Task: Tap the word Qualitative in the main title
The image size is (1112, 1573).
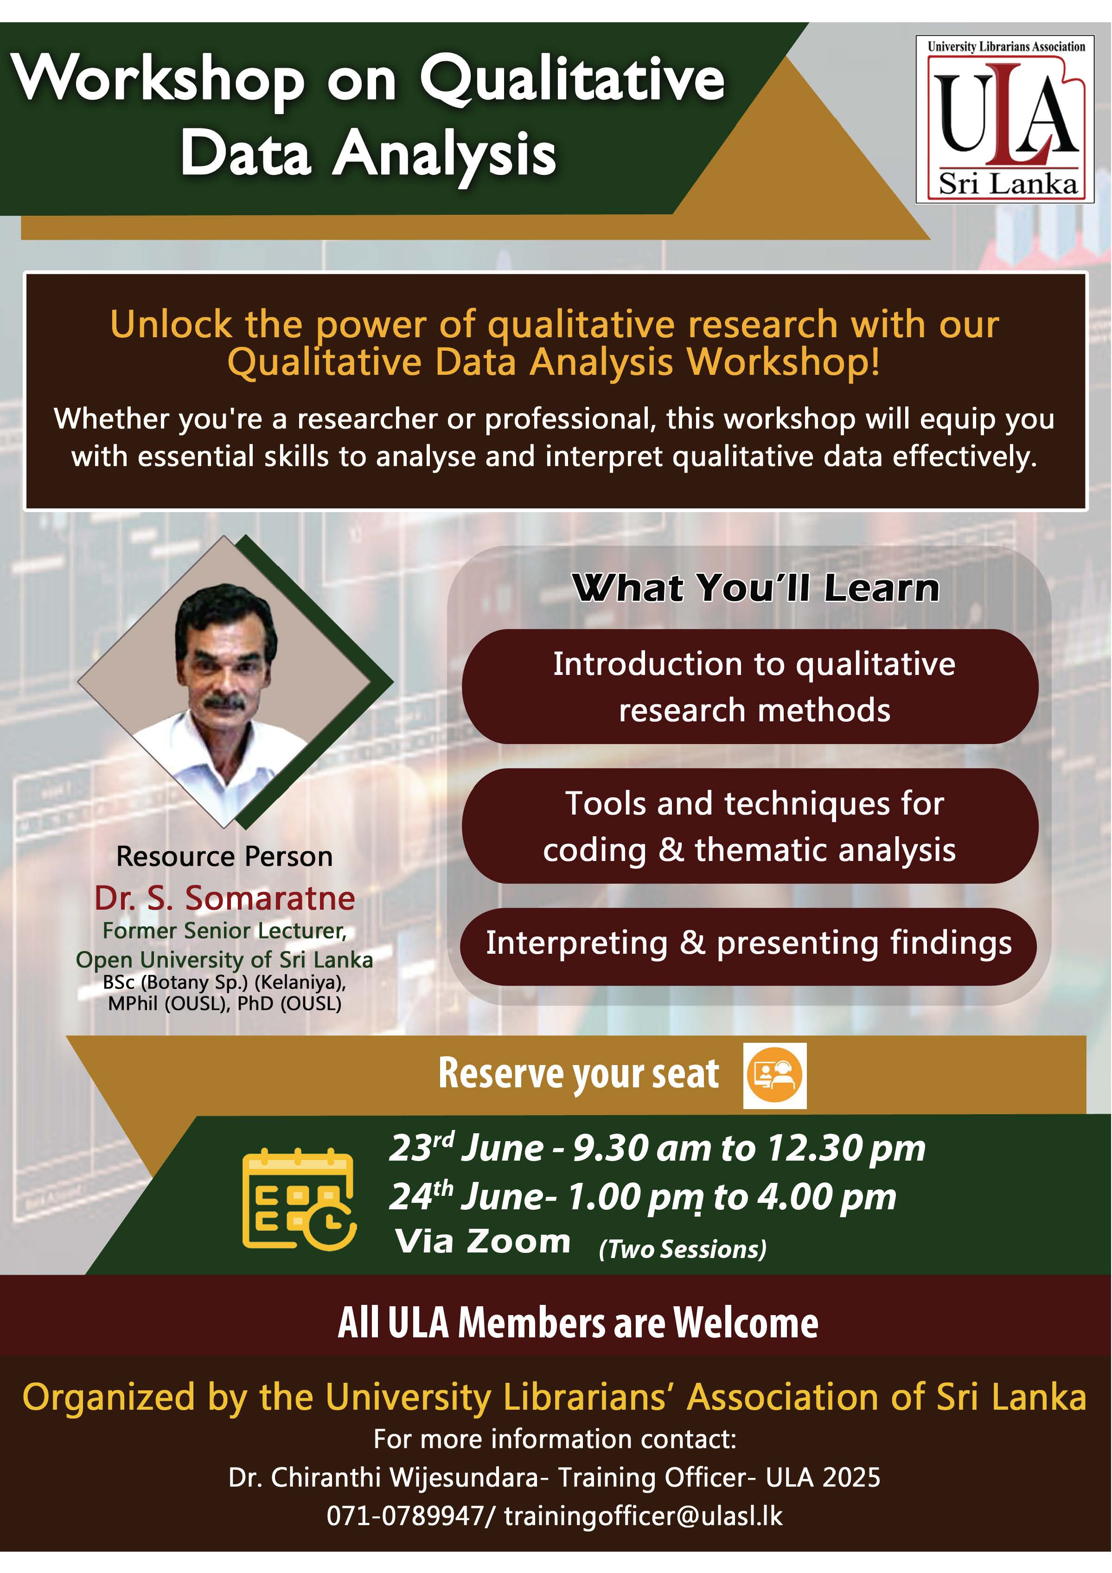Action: [x=572, y=79]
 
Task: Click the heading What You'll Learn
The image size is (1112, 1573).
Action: [x=755, y=588]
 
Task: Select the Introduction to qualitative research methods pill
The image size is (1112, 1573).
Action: [x=750, y=687]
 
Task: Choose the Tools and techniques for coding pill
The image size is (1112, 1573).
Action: [x=750, y=826]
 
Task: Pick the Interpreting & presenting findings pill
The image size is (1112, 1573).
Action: [x=748, y=946]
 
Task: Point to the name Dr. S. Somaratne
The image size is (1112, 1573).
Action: [x=224, y=898]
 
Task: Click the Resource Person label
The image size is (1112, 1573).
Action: [x=224, y=856]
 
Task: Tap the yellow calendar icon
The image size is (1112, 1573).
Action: [x=299, y=1199]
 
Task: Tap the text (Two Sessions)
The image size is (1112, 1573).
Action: [x=683, y=1249]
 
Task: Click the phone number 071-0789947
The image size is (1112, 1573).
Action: [x=405, y=1515]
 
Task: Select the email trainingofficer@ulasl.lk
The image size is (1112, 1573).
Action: [x=644, y=1515]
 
